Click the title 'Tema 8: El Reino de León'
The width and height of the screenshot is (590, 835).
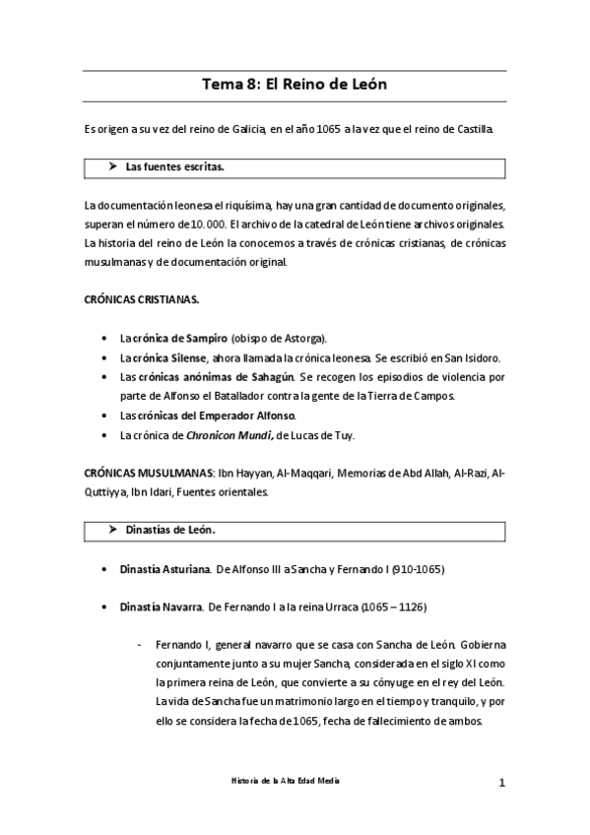pyautogui.click(x=295, y=85)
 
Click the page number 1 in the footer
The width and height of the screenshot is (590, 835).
pyautogui.click(x=501, y=784)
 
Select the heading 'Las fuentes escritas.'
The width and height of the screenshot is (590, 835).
pyautogui.click(x=174, y=167)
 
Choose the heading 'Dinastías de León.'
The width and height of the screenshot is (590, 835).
pyautogui.click(x=170, y=530)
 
